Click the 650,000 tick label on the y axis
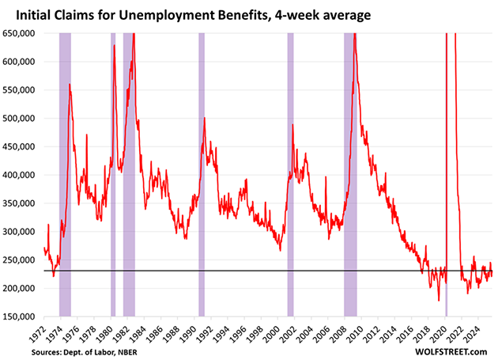(x=22, y=33)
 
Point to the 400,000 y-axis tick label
(x=22, y=175)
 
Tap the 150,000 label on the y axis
(x=22, y=316)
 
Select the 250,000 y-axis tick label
(x=22, y=260)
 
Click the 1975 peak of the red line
(x=70, y=85)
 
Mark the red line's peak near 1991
(x=205, y=119)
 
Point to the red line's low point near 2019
(x=440, y=301)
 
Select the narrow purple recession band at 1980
(x=113, y=174)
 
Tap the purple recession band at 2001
(x=290, y=174)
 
